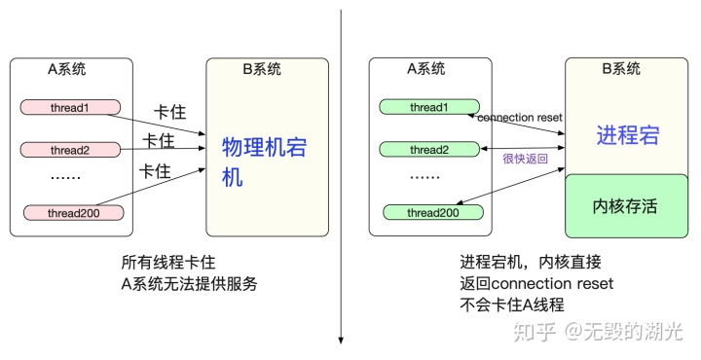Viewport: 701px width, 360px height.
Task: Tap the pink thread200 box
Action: (x=74, y=212)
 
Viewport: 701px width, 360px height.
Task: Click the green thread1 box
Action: (x=429, y=106)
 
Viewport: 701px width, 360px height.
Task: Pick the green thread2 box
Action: (x=429, y=150)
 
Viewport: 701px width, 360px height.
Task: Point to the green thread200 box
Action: (x=432, y=212)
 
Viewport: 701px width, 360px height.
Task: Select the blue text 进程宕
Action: (x=628, y=134)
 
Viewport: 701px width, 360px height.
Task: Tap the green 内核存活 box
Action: (x=628, y=206)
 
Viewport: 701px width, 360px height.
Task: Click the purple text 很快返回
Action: (x=525, y=159)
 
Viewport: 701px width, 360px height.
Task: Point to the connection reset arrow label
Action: (x=520, y=117)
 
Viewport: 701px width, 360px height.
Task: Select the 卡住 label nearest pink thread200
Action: (x=156, y=171)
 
